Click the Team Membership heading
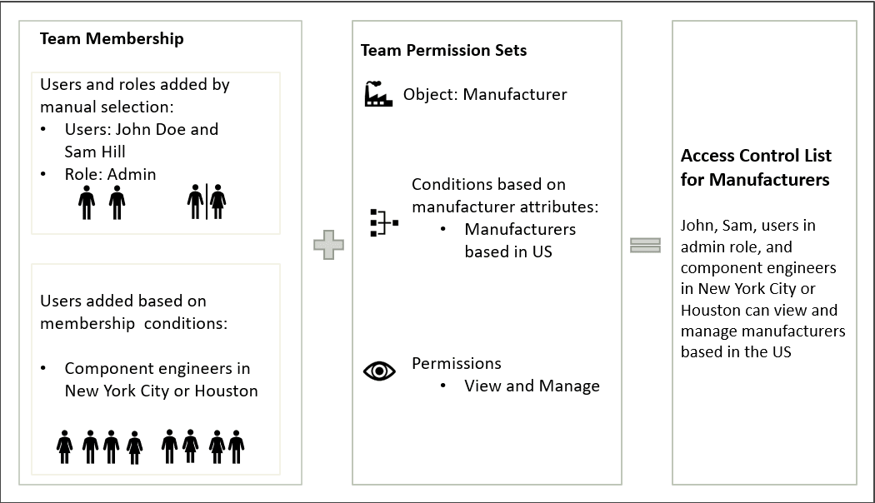[x=112, y=39]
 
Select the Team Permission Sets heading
[x=443, y=51]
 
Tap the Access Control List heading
[x=756, y=167]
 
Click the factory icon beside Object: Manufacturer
[x=378, y=94]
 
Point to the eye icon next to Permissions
[x=379, y=371]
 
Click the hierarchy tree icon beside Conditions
[x=383, y=222]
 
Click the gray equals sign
[x=645, y=246]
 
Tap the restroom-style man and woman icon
[x=207, y=202]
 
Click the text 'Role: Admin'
[x=110, y=174]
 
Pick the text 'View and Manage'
[x=532, y=386]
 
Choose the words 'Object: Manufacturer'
[x=485, y=94]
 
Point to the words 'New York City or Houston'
[x=161, y=391]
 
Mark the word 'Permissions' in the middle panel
[x=457, y=363]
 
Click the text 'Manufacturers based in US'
[x=520, y=240]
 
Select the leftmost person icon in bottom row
[x=64, y=447]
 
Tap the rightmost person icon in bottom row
[x=236, y=447]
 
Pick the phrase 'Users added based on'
[x=122, y=301]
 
